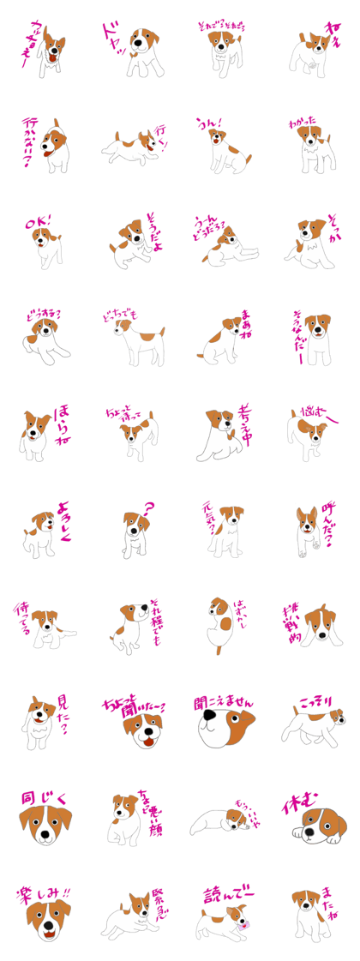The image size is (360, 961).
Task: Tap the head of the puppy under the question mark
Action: pos(133,522)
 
